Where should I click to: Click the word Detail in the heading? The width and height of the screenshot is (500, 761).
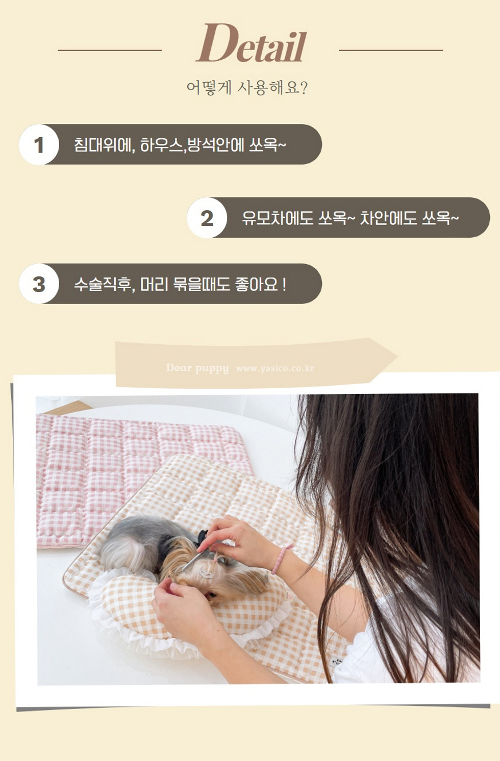(251, 43)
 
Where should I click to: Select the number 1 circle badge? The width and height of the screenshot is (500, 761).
(39, 144)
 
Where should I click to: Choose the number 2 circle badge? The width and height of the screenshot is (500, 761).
(207, 217)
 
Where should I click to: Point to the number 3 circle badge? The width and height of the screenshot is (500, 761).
(39, 284)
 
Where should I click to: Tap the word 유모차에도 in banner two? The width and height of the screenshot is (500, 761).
(277, 218)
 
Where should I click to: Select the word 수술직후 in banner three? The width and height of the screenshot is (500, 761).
(103, 284)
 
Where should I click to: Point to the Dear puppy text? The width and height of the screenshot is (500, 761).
(197, 368)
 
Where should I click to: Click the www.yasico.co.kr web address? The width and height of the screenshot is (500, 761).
(274, 368)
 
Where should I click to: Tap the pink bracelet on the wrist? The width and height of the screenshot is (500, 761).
(282, 559)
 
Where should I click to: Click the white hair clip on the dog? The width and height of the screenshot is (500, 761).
(206, 574)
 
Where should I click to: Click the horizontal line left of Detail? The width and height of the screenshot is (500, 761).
(110, 50)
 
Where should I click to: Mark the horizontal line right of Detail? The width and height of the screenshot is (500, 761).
(391, 50)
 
